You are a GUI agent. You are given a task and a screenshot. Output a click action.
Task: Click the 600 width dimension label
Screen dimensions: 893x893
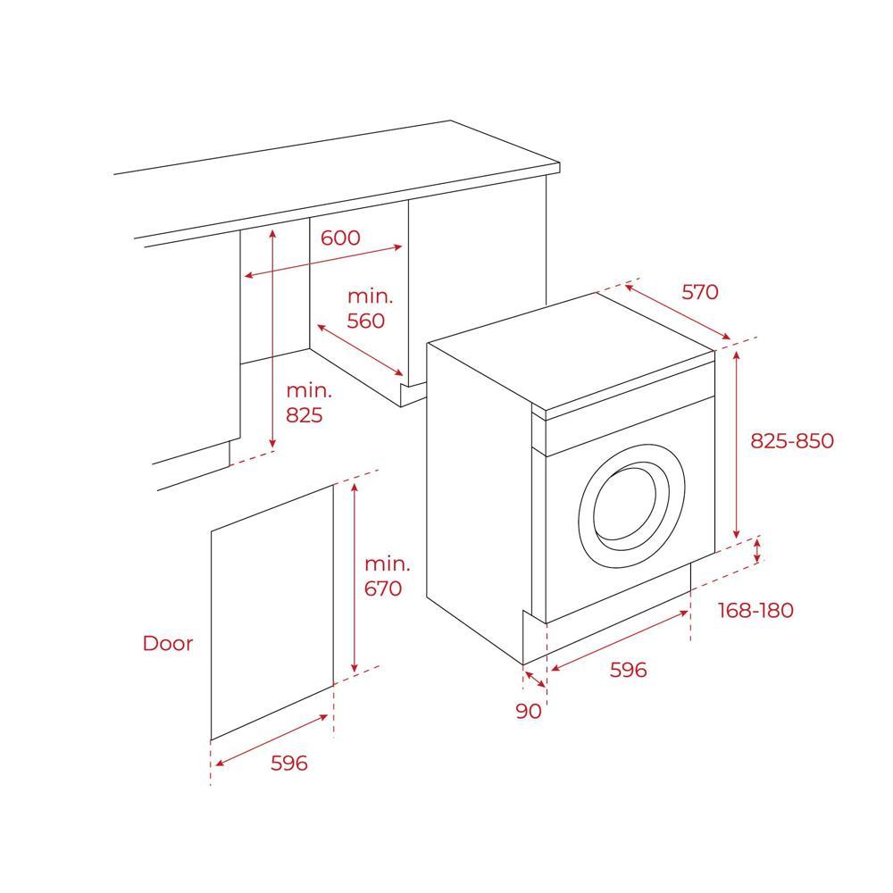point(340,238)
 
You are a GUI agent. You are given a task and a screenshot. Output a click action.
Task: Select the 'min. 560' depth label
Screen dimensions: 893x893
point(366,308)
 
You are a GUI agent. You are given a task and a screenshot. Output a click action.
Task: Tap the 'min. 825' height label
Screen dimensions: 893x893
point(309,402)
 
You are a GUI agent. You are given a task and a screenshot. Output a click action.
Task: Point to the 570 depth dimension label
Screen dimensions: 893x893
point(700,291)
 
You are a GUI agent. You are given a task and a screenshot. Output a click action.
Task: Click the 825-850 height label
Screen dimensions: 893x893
point(791,440)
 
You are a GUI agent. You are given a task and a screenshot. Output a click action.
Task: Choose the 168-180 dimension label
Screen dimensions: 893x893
point(755,610)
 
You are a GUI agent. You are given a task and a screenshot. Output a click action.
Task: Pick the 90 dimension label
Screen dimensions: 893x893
point(529,711)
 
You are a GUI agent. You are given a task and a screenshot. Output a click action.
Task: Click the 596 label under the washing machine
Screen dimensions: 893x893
point(628,669)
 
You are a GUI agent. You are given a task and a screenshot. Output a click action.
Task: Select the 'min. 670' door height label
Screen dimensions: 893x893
point(388,576)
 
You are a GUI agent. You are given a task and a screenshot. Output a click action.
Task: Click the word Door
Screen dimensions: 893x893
point(168,643)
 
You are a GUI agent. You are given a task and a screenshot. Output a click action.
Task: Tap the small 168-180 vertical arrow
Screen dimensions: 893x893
point(758,551)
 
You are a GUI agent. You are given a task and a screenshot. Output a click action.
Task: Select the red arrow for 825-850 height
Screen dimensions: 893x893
point(737,443)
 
